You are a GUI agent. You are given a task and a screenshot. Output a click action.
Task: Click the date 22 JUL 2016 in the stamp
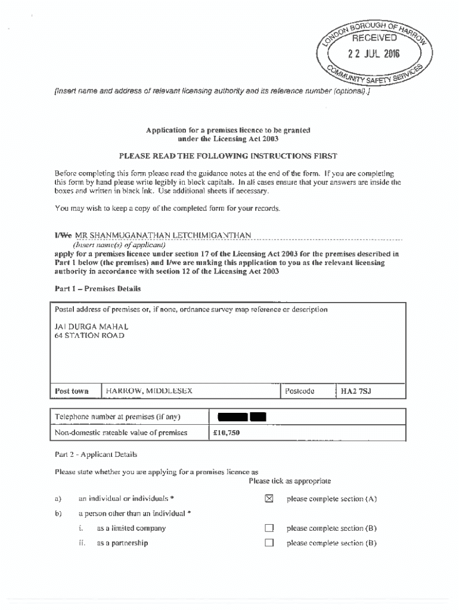coord(374,55)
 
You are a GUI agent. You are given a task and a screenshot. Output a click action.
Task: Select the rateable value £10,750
coord(227,432)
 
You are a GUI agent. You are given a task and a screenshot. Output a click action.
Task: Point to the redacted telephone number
coord(241,417)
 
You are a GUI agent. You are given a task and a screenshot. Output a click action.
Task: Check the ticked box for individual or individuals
coord(269,499)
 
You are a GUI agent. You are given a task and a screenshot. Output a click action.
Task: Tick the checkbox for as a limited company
coord(269,528)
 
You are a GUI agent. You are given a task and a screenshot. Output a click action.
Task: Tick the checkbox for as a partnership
coord(269,543)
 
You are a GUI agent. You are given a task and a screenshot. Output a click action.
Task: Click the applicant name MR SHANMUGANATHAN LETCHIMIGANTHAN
coord(162,235)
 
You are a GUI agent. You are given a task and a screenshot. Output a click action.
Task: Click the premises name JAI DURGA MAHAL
coord(91,326)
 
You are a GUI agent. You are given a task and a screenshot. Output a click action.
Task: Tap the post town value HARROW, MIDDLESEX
coord(149,391)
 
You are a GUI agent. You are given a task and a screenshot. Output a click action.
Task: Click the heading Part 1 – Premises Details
coord(98,289)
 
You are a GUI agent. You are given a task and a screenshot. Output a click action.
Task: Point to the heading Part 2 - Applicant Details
coord(96,455)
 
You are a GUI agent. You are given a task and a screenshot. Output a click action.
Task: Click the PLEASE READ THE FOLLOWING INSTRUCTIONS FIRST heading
coord(228,156)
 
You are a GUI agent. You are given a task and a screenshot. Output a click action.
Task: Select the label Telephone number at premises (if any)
coord(117,417)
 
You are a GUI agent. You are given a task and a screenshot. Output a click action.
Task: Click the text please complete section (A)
coord(331,499)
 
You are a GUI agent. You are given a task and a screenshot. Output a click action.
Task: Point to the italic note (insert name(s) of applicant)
coord(119,244)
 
